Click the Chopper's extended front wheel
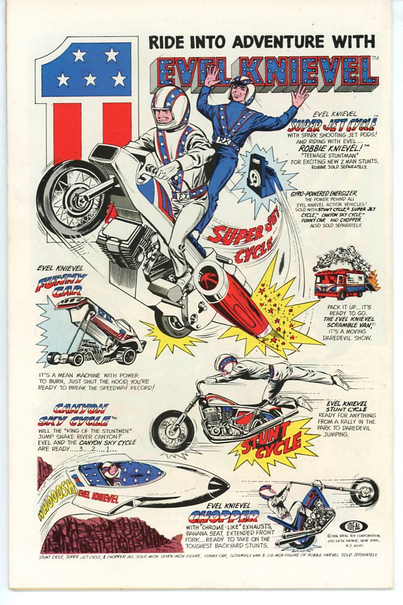[x=364, y=491]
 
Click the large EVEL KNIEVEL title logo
[x=267, y=72]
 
